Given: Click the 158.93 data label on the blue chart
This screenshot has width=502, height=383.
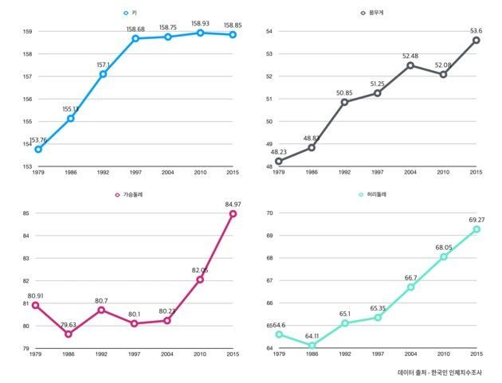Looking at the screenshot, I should click(x=200, y=25).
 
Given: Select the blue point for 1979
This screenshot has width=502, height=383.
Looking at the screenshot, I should click(x=38, y=149).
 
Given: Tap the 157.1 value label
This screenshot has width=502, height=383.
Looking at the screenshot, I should click(x=103, y=65).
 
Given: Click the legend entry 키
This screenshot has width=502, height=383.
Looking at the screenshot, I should click(x=136, y=14).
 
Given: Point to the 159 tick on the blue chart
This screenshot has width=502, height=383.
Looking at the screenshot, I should click(x=27, y=32).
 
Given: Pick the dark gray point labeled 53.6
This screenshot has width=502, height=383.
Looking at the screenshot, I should click(x=476, y=40).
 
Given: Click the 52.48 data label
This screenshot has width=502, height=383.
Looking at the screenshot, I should click(x=410, y=57).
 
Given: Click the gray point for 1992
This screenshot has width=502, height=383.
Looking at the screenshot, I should click(x=344, y=102).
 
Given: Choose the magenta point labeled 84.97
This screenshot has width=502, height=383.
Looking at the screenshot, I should click(x=233, y=213).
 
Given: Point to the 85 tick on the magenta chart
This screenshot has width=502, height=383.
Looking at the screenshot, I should click(x=27, y=213).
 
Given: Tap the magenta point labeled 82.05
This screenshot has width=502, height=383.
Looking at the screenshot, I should click(x=200, y=279).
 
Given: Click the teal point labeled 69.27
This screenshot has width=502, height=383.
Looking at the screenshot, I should click(x=476, y=229).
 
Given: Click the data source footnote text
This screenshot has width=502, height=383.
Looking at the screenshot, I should click(x=445, y=372).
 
